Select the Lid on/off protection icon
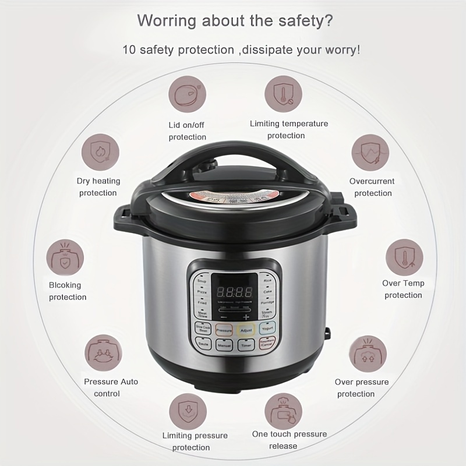pyautogui.click(x=188, y=96)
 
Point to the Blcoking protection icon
pyautogui.click(x=65, y=257)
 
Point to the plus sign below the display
pyautogui.click(x=246, y=317)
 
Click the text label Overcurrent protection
pyautogui.click(x=372, y=187)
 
